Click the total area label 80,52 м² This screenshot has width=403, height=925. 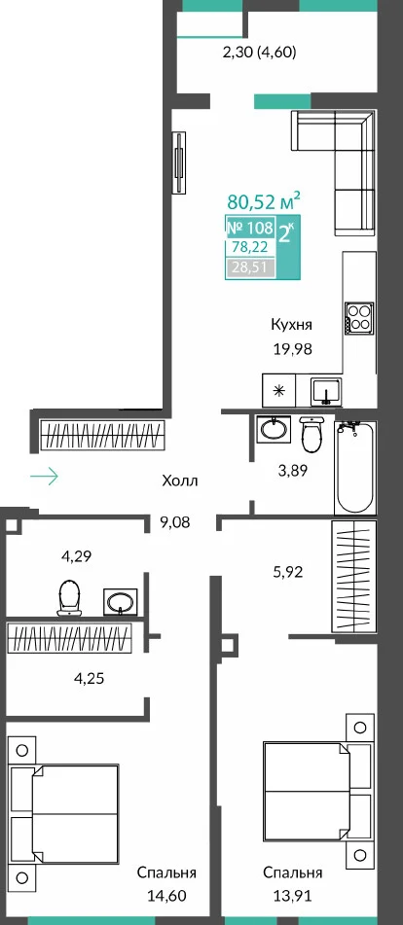[x=264, y=201]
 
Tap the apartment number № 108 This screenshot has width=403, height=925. [x=250, y=228]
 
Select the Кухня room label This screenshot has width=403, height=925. [x=291, y=325]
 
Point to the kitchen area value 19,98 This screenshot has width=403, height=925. [x=292, y=349]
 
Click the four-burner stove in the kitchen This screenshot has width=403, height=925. [x=359, y=317]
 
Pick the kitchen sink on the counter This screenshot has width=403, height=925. [x=326, y=392]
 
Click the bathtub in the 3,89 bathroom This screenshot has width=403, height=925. [x=355, y=467]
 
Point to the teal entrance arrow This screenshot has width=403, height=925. [x=44, y=476]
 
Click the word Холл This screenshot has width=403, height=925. [x=180, y=481]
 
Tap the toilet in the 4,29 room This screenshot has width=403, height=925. [x=69, y=597]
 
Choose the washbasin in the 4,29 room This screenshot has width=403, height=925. [x=121, y=602]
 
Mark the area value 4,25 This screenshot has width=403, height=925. [x=89, y=678]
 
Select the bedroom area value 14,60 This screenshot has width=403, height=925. [x=167, y=896]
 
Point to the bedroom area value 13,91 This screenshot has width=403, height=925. [x=293, y=896]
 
